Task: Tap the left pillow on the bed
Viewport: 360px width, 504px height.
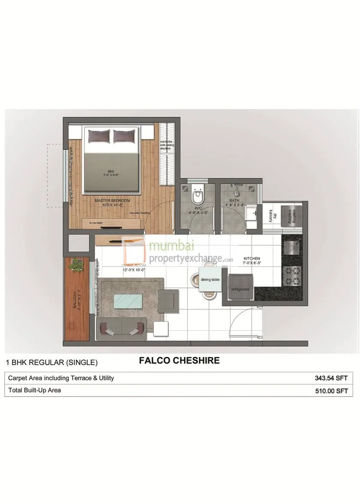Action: pyautogui.click(x=99, y=137)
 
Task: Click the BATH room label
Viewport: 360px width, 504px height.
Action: pyautogui.click(x=234, y=200)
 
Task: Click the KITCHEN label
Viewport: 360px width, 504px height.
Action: pyautogui.click(x=252, y=259)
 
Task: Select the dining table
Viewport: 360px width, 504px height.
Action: pyautogui.click(x=210, y=279)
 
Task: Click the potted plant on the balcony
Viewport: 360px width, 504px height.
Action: pyautogui.click(x=77, y=264)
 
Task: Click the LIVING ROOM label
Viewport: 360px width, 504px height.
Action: pyautogui.click(x=134, y=266)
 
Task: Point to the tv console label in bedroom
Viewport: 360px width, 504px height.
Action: pyautogui.click(x=96, y=223)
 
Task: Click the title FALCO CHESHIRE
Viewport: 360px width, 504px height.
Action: pyautogui.click(x=179, y=361)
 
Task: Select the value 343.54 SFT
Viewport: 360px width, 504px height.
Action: pyautogui.click(x=330, y=378)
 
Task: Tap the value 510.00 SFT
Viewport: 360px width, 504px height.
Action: pyautogui.click(x=330, y=391)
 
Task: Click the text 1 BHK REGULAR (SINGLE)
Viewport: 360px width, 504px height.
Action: pyautogui.click(x=51, y=363)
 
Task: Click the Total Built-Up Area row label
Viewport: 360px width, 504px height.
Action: pyautogui.click(x=35, y=390)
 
